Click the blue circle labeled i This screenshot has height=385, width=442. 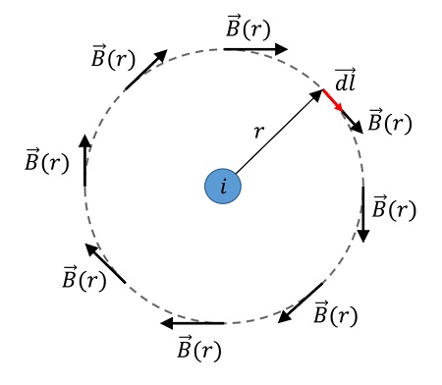224,187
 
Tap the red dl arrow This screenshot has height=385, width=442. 334,101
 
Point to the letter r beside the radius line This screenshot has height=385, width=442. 259,131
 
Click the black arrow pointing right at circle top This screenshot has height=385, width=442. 255,48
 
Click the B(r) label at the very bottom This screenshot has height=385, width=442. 199,348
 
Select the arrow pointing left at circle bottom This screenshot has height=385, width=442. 193,322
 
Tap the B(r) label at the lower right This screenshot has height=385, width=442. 335,314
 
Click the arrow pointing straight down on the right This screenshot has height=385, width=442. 363,213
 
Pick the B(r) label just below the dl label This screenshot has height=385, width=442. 389,123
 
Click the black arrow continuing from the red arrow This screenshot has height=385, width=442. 355,122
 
